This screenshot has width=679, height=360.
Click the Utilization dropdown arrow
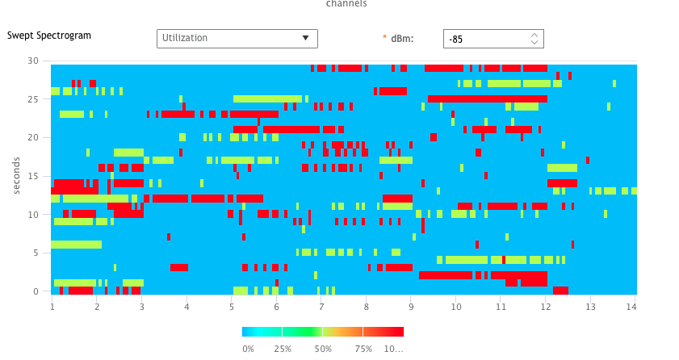coord(305,38)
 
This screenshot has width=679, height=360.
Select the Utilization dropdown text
coord(185,38)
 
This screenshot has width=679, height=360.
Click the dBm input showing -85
coord(484,39)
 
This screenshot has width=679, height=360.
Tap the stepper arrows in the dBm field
coord(534,39)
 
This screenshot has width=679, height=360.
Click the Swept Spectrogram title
coord(49,36)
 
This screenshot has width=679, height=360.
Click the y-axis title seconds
coord(16,175)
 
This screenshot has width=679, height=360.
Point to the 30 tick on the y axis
coord(33,61)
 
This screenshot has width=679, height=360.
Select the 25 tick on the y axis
coord(33,99)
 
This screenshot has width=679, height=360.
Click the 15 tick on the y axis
coord(33,176)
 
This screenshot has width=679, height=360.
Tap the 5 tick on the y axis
coord(36,253)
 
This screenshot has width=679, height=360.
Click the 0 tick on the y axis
coord(36,291)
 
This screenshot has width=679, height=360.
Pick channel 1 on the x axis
coord(52,307)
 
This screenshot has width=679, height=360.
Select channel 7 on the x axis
coord(321,307)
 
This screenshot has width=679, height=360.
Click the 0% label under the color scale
coord(249,349)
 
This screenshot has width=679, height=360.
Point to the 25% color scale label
coord(283,349)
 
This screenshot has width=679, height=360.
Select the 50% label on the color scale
coord(324,349)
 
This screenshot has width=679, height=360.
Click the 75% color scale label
coord(363,349)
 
